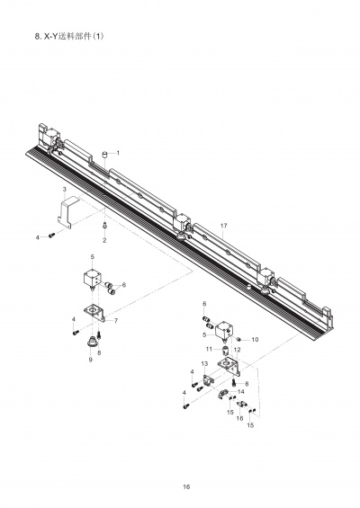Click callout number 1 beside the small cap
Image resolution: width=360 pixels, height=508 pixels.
[x=118, y=153]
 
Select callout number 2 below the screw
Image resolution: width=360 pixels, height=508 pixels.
[x=104, y=241]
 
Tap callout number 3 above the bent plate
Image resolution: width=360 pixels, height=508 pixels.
[x=65, y=189]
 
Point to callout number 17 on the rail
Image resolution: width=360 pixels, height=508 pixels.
[x=224, y=226]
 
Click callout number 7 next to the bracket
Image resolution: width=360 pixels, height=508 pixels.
[x=116, y=321]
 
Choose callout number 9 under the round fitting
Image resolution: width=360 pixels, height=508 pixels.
[x=91, y=360]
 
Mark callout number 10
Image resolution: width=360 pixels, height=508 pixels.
[x=255, y=340]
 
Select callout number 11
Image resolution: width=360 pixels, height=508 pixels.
[x=209, y=349]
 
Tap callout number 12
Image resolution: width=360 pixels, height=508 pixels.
[x=237, y=350]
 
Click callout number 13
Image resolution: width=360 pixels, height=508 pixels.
[x=204, y=364]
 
